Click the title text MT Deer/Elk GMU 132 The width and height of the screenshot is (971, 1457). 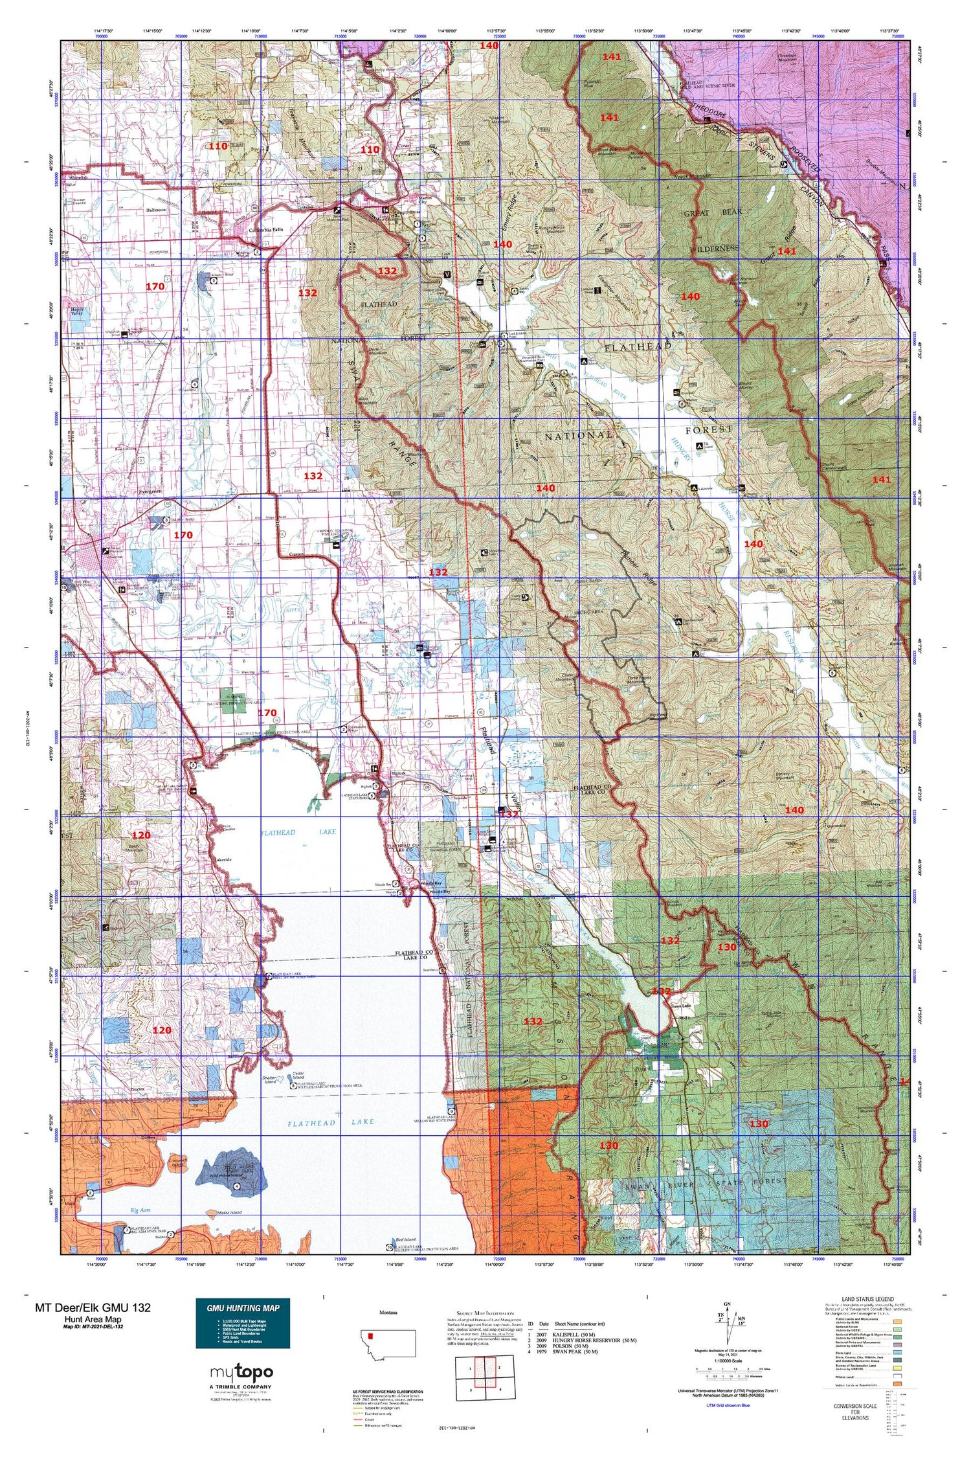pos(93,1307)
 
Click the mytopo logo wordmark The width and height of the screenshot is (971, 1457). pos(241,1372)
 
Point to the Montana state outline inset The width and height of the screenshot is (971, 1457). pos(388,1344)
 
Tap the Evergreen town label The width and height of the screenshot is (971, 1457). pos(150,492)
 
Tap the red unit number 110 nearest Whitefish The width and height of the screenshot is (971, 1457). pos(218,146)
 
